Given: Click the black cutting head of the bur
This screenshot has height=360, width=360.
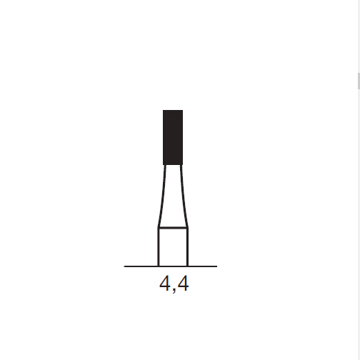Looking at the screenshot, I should (173, 136).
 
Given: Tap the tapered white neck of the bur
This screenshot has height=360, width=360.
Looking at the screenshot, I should (173, 196).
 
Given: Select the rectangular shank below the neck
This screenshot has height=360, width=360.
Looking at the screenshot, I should (173, 247).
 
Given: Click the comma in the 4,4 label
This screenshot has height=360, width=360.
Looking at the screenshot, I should (174, 290).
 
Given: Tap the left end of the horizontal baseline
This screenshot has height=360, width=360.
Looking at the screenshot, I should (126, 266).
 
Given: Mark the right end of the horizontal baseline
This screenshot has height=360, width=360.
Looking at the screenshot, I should (216, 266).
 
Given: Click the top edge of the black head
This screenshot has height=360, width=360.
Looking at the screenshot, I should (173, 111).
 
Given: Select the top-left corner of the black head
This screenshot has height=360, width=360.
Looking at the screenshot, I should (164, 111).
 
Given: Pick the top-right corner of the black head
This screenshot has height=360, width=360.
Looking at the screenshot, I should (183, 111).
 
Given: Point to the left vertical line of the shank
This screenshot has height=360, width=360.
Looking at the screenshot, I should (158, 247).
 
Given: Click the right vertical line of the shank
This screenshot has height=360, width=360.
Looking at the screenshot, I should (188, 247).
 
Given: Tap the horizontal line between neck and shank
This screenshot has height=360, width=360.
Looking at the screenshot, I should (173, 228).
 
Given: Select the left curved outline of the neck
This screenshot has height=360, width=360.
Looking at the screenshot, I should (162, 196).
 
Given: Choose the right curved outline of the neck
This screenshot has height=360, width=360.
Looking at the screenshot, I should (184, 196).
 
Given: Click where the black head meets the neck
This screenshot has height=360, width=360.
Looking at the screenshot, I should (173, 164).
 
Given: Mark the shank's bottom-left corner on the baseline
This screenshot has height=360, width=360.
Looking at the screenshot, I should (158, 266).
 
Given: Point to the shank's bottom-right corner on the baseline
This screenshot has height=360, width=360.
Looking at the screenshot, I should (188, 266).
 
